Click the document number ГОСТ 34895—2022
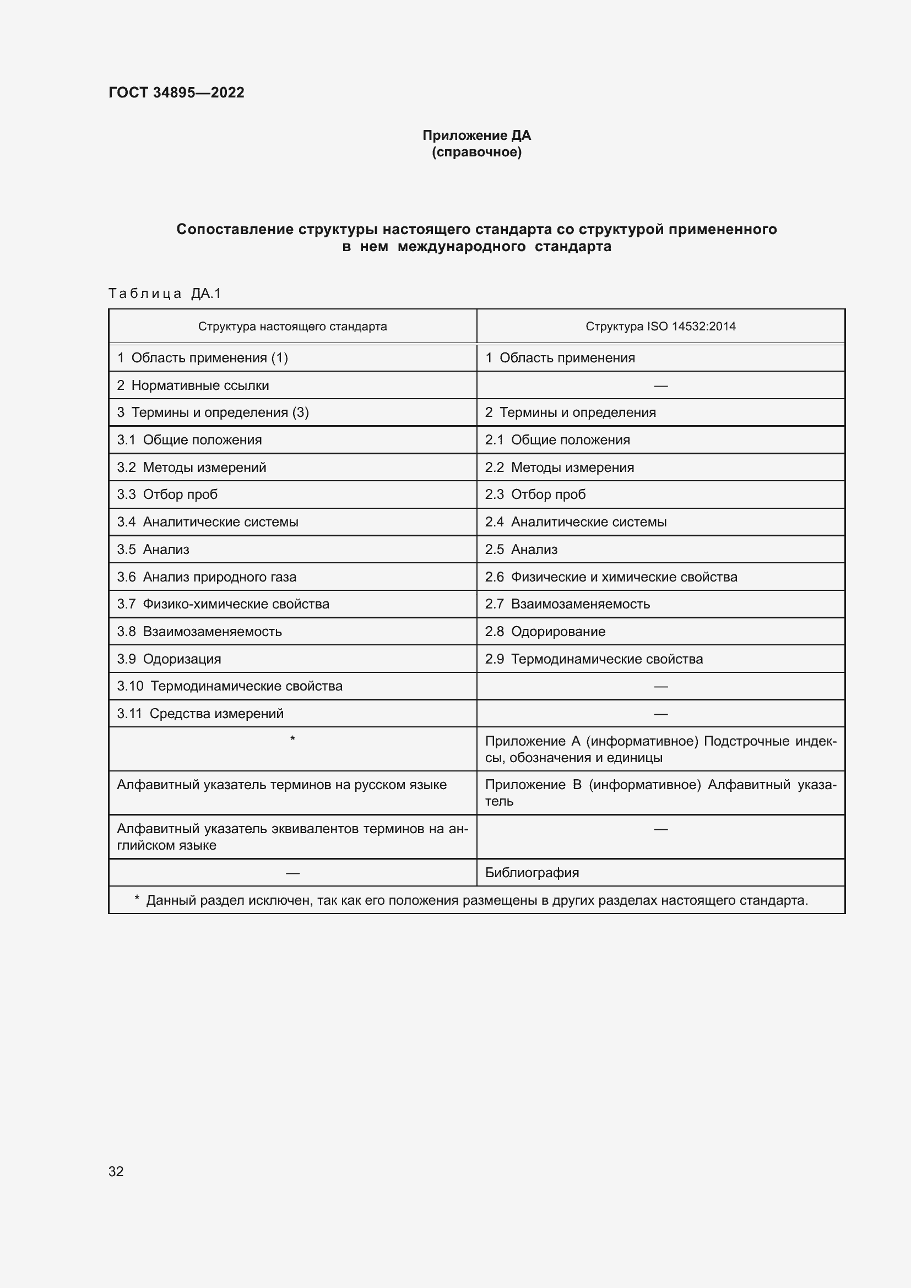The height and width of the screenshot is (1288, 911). point(176,93)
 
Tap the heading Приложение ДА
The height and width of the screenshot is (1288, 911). point(476,135)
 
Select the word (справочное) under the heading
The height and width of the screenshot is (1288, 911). point(476,153)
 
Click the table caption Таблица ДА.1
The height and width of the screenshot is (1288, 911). point(165,294)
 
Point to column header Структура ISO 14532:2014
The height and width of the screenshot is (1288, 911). point(660,327)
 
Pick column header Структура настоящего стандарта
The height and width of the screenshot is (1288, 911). point(292,327)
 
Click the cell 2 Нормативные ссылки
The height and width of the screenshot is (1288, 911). point(193,385)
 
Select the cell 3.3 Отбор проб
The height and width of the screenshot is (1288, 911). point(167,494)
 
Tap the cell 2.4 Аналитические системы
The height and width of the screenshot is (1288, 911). point(576,521)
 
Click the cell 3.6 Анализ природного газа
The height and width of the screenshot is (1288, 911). point(207,577)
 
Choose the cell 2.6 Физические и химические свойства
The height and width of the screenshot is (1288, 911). point(611,577)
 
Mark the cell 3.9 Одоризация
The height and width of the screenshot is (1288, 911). point(169,659)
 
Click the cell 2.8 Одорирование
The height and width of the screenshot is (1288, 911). point(545,631)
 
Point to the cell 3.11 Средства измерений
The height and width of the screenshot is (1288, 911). point(200,714)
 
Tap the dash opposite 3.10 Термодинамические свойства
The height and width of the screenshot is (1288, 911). point(660,687)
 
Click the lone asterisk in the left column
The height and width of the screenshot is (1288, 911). point(292,740)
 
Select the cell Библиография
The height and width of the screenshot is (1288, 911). point(532,872)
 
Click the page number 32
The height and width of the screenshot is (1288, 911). point(116,1171)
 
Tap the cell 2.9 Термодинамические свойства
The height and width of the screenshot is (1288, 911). point(594,659)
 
